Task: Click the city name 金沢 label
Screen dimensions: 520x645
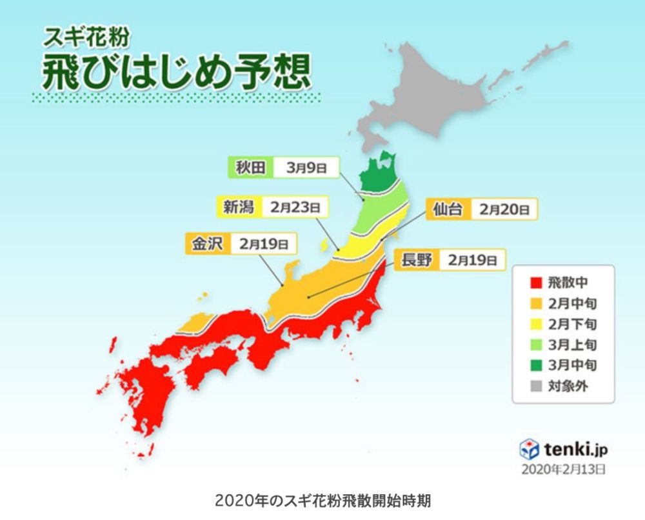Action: click(x=204, y=244)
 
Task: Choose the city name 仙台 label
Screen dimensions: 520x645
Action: click(x=448, y=210)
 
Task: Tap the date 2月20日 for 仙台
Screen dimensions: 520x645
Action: click(x=505, y=210)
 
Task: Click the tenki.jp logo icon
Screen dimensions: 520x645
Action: click(x=529, y=448)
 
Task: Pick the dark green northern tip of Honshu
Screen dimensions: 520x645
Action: click(x=381, y=173)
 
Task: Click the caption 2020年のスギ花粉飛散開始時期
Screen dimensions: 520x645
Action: click(x=322, y=501)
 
